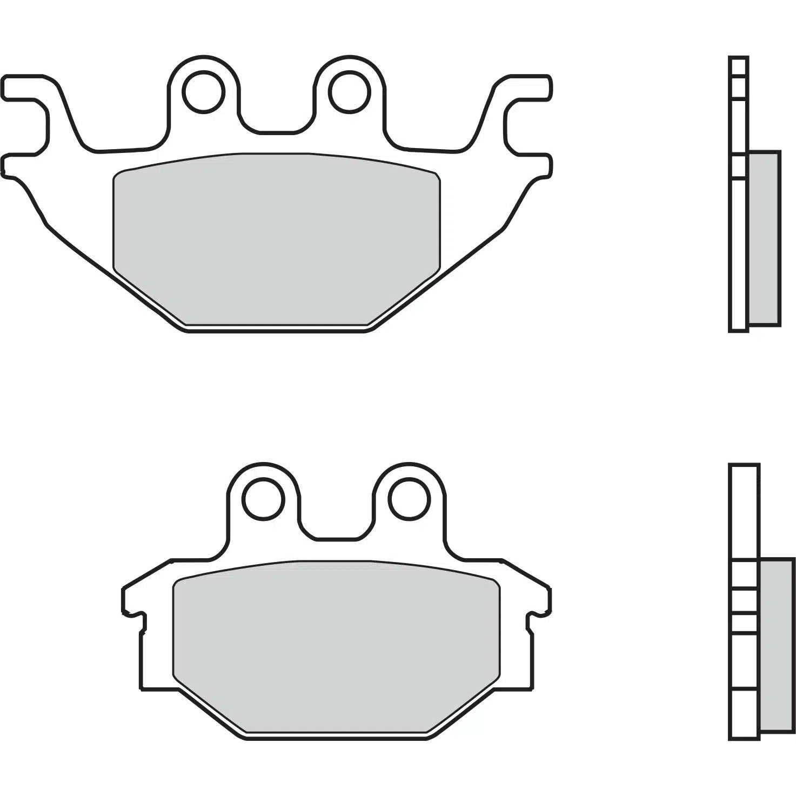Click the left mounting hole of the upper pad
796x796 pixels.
tap(204, 91)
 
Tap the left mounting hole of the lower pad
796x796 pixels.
tap(264, 499)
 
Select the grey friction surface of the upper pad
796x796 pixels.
tap(277, 238)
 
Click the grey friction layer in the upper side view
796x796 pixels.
tap(764, 238)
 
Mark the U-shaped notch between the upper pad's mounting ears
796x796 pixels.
tap(277, 116)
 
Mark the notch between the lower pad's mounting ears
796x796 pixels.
tap(336, 524)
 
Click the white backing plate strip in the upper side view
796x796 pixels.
tap(738, 254)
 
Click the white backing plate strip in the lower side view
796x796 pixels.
tap(744, 519)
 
